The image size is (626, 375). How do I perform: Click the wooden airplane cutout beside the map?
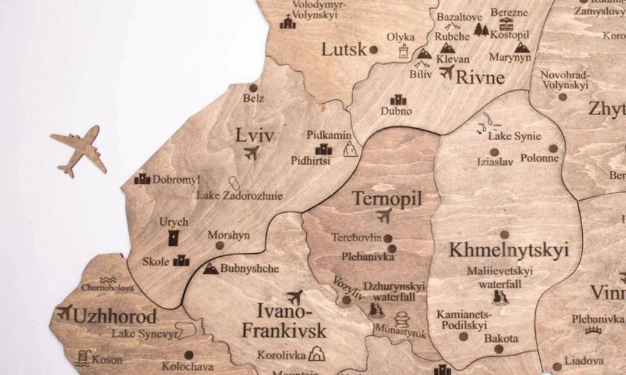pyautogui.click(x=79, y=150)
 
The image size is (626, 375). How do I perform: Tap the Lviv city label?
pyautogui.click(x=255, y=135)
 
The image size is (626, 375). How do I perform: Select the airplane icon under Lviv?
pyautogui.click(x=252, y=152)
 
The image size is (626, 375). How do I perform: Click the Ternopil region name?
pyautogui.click(x=387, y=199)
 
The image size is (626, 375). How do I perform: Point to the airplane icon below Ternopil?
pyautogui.click(x=384, y=216)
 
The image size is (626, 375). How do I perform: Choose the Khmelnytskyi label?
pyautogui.click(x=508, y=250)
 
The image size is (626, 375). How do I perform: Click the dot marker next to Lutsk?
pyautogui.click(x=374, y=49)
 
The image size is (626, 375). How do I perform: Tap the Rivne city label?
pyautogui.click(x=480, y=77)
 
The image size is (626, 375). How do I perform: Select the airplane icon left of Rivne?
pyautogui.click(x=446, y=72)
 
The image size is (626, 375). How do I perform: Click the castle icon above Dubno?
pyautogui.click(x=398, y=99)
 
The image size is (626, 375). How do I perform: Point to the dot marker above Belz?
pyautogui.click(x=254, y=88)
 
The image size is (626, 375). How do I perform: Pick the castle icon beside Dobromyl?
pyautogui.click(x=142, y=179)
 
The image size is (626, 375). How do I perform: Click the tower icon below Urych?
pyautogui.click(x=173, y=237)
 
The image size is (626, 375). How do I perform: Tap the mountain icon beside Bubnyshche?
pyautogui.click(x=211, y=269)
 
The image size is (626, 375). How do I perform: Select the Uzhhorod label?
pyautogui.click(x=115, y=316)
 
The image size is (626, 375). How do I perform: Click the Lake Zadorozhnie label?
pyautogui.click(x=240, y=196)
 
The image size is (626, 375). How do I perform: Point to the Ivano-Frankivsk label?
pyautogui.click(x=284, y=320)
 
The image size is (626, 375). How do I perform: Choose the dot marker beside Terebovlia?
pyautogui.click(x=388, y=238)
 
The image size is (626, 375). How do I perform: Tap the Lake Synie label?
pyautogui.click(x=515, y=136)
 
